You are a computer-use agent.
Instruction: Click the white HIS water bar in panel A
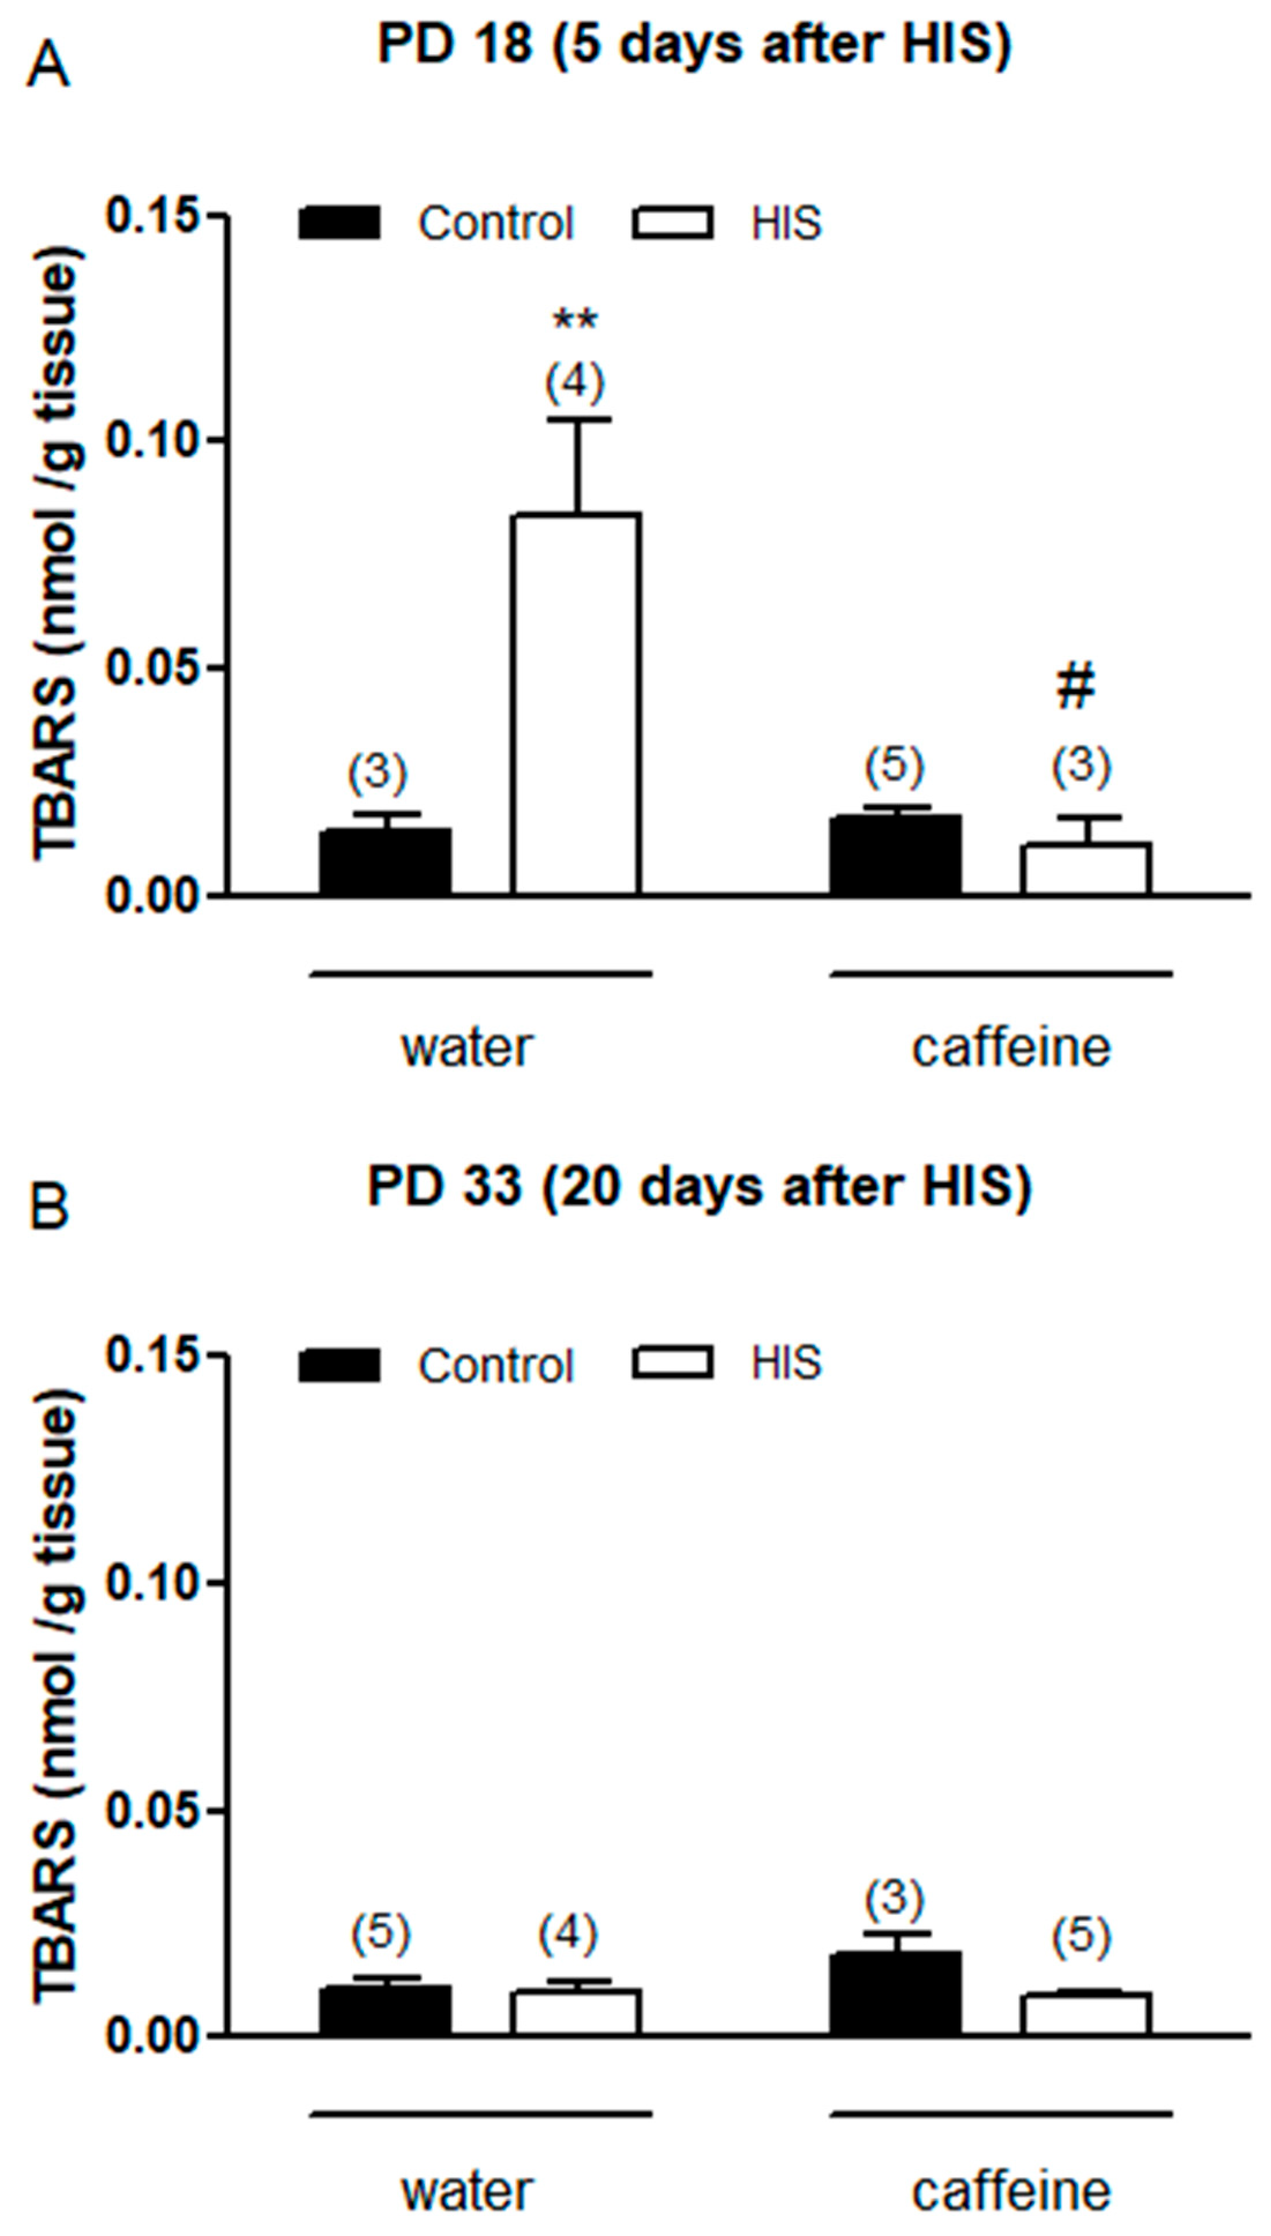pos(575,704)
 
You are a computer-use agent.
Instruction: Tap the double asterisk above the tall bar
pos(575,321)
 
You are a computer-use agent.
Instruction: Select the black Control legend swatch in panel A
pos(339,223)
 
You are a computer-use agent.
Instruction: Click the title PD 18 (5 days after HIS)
pos(694,44)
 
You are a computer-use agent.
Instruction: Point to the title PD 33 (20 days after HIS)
pos(699,1186)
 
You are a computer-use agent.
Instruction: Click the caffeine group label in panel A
pos(1011,1047)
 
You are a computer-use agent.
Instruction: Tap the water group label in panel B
pos(467,2185)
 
